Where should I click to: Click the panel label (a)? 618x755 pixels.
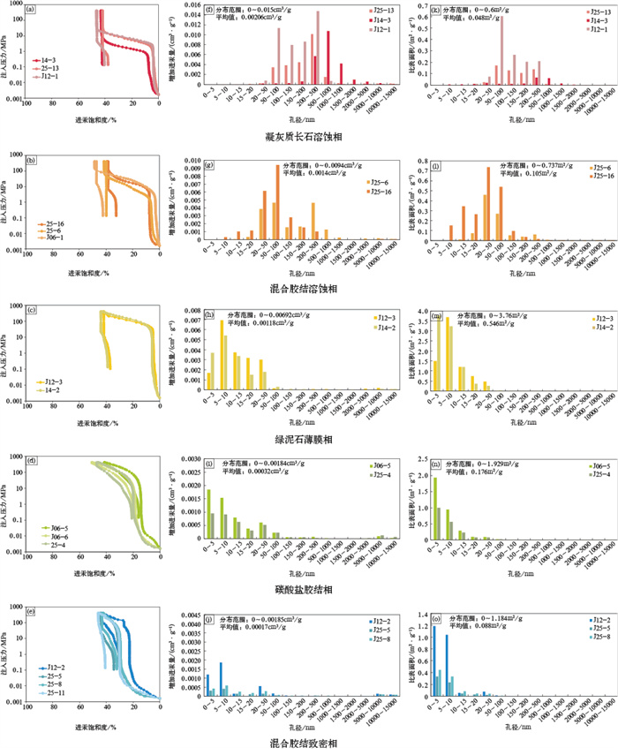click(32, 11)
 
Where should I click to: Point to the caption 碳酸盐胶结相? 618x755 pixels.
click(309, 588)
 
